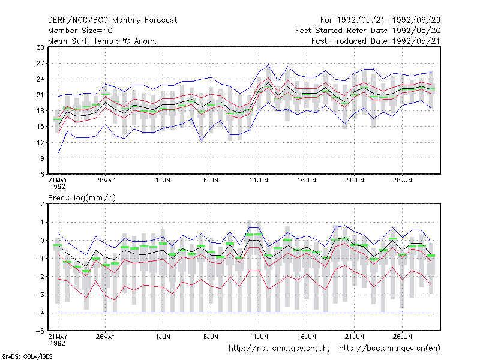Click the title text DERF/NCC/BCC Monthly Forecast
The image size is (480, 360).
click(x=112, y=20)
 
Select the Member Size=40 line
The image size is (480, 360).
click(x=80, y=31)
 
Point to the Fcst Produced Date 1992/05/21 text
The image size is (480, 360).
click(x=376, y=41)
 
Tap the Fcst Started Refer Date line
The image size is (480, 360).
click(x=368, y=31)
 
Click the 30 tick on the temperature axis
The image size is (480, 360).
click(x=40, y=47)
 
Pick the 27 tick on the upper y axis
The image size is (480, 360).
click(x=40, y=64)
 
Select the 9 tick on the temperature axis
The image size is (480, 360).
click(x=42, y=158)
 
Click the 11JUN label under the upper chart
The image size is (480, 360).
click(x=259, y=180)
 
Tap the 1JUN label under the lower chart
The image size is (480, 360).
click(x=163, y=337)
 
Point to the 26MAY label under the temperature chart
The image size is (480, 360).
click(x=106, y=180)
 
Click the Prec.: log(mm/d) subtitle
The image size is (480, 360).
click(x=82, y=198)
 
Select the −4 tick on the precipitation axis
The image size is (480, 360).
click(x=40, y=313)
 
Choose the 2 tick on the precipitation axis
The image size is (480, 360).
click(x=42, y=204)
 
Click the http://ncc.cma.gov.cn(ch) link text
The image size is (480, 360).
click(x=279, y=349)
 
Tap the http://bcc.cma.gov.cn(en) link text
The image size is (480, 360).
click(x=389, y=349)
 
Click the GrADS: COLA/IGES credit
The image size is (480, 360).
click(x=27, y=356)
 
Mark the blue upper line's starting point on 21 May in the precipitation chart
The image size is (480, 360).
click(x=58, y=232)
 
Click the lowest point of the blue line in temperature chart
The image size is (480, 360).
click(x=58, y=154)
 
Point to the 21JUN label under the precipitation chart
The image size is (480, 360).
click(x=355, y=337)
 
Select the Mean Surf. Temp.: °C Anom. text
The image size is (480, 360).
click(x=103, y=41)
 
